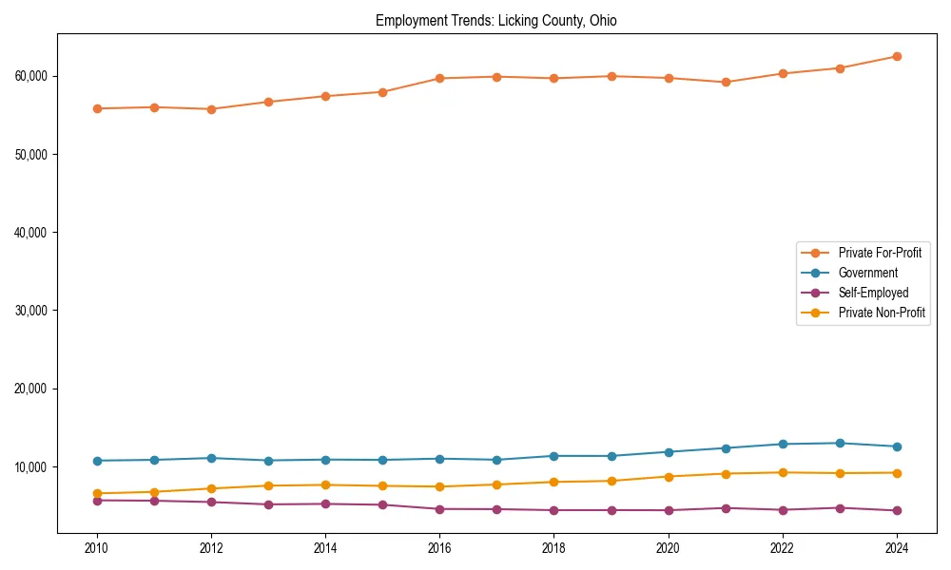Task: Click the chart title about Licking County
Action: [495, 21]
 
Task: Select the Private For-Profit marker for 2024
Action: [897, 56]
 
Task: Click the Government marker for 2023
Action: [840, 443]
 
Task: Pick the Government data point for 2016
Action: [439, 459]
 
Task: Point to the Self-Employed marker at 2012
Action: [211, 502]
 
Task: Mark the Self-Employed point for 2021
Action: [726, 508]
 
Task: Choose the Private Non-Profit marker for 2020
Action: [669, 477]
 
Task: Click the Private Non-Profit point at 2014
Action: [325, 484]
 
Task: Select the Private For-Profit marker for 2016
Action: [439, 78]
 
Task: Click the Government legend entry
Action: [867, 273]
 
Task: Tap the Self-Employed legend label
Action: [873, 293]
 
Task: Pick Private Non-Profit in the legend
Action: [882, 313]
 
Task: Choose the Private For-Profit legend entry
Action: [880, 253]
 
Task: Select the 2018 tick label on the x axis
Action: [553, 548]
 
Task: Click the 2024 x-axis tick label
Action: [897, 548]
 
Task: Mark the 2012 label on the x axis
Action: [211, 548]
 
